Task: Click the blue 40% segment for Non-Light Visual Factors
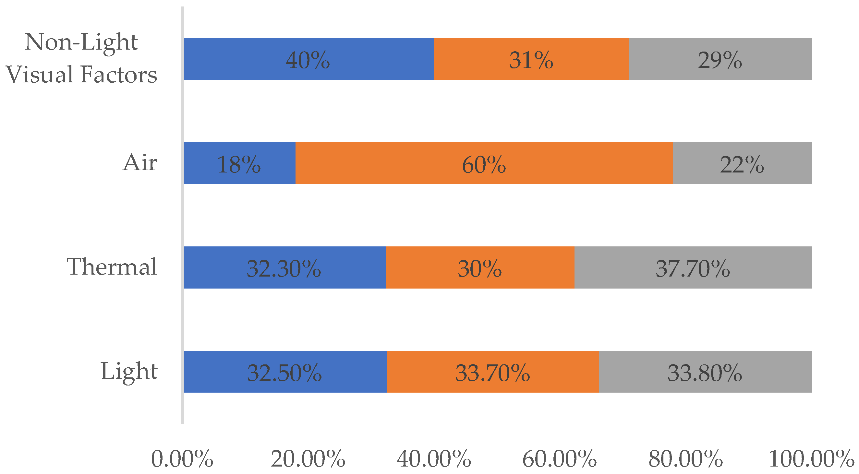pyautogui.click(x=309, y=59)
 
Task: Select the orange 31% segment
pyautogui.click(x=531, y=59)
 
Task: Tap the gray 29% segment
pyautogui.click(x=720, y=59)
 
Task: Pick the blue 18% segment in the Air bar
pyautogui.click(x=239, y=163)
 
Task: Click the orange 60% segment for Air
pyautogui.click(x=484, y=163)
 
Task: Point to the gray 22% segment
pyautogui.click(x=742, y=163)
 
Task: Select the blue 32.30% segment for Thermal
pyautogui.click(x=284, y=268)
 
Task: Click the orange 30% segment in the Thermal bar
pyautogui.click(x=480, y=268)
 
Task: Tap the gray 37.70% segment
pyautogui.click(x=693, y=268)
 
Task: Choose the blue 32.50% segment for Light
pyautogui.click(x=285, y=372)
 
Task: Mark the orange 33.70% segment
pyautogui.click(x=492, y=372)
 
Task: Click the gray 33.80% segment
pyautogui.click(x=705, y=372)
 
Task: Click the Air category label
pyautogui.click(x=140, y=163)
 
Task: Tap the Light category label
pyautogui.click(x=129, y=372)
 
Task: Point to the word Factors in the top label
pyautogui.click(x=119, y=74)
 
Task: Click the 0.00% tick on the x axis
pyautogui.click(x=182, y=459)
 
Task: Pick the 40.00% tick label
pyautogui.click(x=434, y=459)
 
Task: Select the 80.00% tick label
pyautogui.click(x=685, y=459)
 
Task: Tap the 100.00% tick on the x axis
pyautogui.click(x=811, y=459)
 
